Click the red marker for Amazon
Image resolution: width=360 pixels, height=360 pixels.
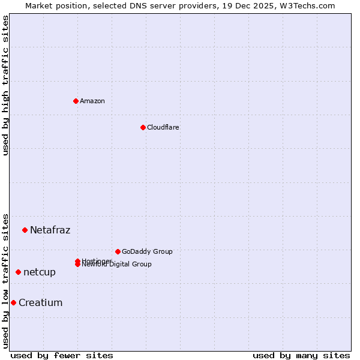point(76,101)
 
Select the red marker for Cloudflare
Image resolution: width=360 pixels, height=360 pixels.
point(143,127)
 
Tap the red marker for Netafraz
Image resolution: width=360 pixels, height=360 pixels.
point(25,230)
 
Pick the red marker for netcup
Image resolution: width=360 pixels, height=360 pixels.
point(18,272)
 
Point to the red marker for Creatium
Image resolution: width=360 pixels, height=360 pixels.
point(13,302)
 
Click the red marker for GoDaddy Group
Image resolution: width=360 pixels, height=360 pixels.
point(118,251)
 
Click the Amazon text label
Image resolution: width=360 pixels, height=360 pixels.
point(92,101)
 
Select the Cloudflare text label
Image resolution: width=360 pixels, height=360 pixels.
point(163,127)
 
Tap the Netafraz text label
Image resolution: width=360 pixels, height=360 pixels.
point(50,230)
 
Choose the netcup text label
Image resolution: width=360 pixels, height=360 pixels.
point(40,272)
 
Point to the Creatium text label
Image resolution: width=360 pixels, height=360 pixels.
point(41,302)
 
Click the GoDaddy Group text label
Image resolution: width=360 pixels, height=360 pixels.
point(147,251)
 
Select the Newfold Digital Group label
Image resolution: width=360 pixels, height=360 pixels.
point(118,265)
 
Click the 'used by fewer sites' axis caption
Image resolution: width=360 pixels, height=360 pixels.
point(62,355)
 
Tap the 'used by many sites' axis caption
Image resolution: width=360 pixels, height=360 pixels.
point(301,355)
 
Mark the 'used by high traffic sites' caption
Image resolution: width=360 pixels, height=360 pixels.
point(5,85)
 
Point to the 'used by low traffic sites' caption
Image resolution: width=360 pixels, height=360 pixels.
point(5,281)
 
